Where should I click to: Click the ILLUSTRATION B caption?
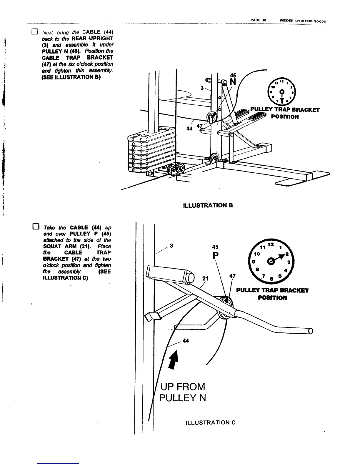click(208, 205)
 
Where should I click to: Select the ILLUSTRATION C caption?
click(211, 423)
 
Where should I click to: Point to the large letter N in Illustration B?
click(233, 82)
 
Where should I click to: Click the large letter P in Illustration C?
click(216, 256)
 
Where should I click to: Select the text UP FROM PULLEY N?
click(182, 392)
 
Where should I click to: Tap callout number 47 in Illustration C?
click(232, 276)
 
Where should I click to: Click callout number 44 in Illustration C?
click(186, 341)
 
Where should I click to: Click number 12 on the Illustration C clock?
click(271, 245)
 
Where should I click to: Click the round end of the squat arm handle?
click(311, 331)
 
